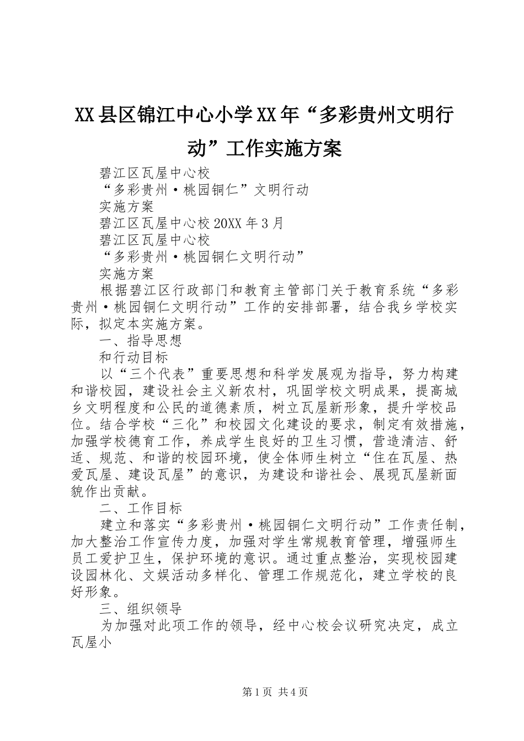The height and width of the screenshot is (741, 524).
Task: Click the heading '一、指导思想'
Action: point(140,340)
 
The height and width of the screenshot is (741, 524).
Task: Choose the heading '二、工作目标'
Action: point(140,507)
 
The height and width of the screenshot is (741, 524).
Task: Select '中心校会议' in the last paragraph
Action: point(320,626)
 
